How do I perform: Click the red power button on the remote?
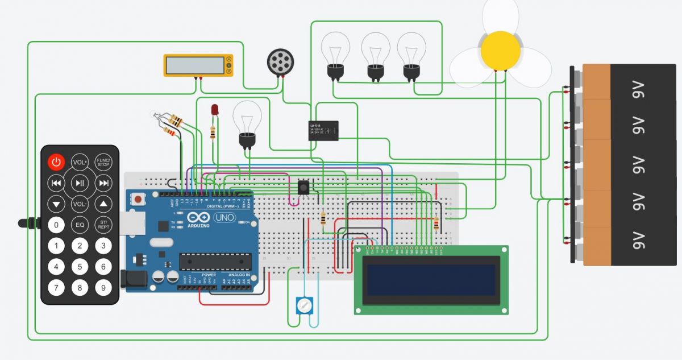pyautogui.click(x=56, y=163)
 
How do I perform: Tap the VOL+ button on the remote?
pyautogui.click(x=80, y=163)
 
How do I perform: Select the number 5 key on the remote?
pyautogui.click(x=80, y=267)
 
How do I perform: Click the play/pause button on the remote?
pyautogui.click(x=80, y=183)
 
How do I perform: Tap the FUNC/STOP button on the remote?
pyautogui.click(x=103, y=163)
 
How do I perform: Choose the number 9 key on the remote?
pyautogui.click(x=103, y=288)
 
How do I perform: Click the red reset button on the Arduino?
pyautogui.click(x=138, y=200)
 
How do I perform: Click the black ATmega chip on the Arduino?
pyautogui.click(x=215, y=261)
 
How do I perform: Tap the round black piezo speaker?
pyautogui.click(x=281, y=61)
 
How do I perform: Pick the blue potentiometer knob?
pyautogui.click(x=305, y=307)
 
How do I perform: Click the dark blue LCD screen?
pyautogui.click(x=431, y=280)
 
